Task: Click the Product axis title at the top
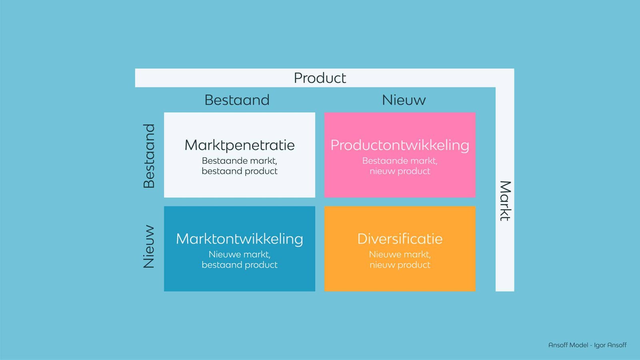(320, 78)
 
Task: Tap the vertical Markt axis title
(505, 201)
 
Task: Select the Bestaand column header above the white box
(237, 100)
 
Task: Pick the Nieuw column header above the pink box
(404, 100)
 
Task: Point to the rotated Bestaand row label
(149, 156)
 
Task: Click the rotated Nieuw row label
(149, 246)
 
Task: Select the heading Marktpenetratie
(239, 145)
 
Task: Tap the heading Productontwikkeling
(400, 145)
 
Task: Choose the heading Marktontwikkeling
(239, 239)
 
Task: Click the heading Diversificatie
(400, 239)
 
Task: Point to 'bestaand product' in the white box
(239, 171)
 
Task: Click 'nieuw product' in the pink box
(400, 171)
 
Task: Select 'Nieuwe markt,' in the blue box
(239, 254)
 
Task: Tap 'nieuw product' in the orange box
(400, 265)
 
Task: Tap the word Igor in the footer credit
(600, 345)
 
